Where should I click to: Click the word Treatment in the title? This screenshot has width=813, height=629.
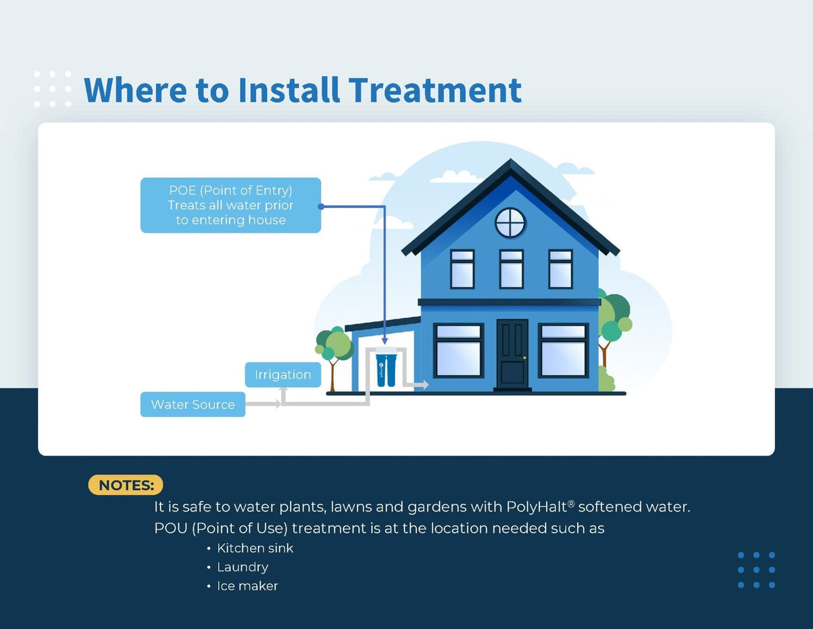pos(434,90)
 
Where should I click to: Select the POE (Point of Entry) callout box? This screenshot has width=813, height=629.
pos(230,205)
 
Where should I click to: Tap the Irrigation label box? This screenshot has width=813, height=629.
pos(283,375)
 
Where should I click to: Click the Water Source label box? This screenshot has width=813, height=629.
pos(192,405)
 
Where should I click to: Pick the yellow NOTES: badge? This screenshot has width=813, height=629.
pos(126,485)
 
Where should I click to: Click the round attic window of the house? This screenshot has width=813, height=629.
pos(510,223)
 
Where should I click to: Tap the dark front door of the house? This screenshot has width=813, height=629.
pos(512,352)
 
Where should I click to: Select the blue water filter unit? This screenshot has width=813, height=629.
pos(385,369)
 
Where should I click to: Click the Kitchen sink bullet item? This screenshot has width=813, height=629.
pos(255,548)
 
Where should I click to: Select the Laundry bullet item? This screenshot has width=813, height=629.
pos(242,567)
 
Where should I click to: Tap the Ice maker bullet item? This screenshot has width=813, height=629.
pos(247,586)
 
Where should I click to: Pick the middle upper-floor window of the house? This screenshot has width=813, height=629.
pos(512,269)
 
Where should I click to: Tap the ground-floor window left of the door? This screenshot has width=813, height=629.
pos(459,350)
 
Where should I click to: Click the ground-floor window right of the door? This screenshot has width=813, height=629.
pos(564,350)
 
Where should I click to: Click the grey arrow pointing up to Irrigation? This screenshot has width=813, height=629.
pos(284,392)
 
